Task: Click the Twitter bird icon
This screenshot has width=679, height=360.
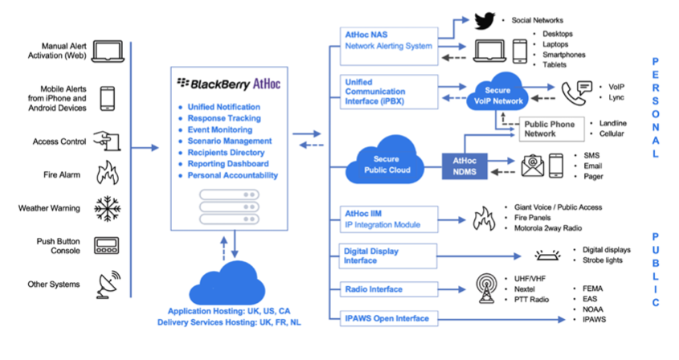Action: [x=485, y=21]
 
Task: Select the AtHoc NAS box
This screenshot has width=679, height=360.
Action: [x=389, y=47]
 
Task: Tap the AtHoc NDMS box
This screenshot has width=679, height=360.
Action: [x=464, y=166]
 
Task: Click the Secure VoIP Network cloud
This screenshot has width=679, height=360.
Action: [x=497, y=92]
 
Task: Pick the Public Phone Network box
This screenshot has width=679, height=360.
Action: [x=552, y=129]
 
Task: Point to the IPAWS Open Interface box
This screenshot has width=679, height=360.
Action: [x=388, y=318]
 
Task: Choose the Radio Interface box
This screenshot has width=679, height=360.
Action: [x=388, y=289]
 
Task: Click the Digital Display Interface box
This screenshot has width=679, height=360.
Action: [x=387, y=256]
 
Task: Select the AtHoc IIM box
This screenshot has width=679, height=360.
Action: [x=388, y=219]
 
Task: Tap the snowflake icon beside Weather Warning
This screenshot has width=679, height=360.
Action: [x=107, y=208]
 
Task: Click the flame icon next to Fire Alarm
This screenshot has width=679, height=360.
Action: [x=108, y=173]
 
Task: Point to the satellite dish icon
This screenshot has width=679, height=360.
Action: [x=108, y=285]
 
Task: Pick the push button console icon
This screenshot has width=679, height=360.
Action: [x=107, y=246]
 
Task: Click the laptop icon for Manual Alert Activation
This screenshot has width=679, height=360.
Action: [x=108, y=52]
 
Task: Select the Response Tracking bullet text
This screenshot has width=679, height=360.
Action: [x=224, y=118]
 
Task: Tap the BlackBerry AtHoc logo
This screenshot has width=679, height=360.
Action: [x=229, y=84]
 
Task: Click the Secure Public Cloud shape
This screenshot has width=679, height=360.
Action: [x=386, y=162]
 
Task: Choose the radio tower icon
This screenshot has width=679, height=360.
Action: [x=486, y=288]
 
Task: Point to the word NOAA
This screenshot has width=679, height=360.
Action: [x=593, y=309]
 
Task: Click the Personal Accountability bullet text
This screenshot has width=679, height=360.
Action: [x=232, y=175]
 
